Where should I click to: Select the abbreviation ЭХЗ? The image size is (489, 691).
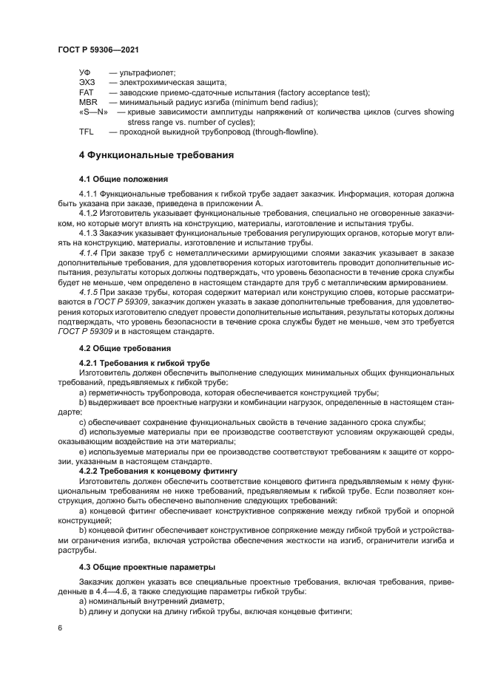tap(87, 83)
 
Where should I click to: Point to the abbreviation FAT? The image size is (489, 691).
tap(86, 92)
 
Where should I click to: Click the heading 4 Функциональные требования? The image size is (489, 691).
tap(156, 156)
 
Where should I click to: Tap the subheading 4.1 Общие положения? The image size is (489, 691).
tap(124, 180)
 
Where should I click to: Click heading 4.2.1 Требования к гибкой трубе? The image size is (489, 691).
tap(144, 363)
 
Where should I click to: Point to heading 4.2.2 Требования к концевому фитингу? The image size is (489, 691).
tap(157, 469)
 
